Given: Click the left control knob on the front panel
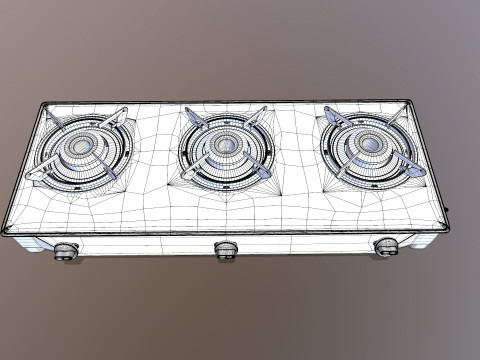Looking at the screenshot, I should (66, 251).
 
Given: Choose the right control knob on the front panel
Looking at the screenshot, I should (386, 246).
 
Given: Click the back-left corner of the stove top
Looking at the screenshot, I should (43, 104).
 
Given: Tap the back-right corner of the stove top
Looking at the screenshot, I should (406, 101).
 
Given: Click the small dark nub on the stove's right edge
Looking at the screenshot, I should (447, 210).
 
